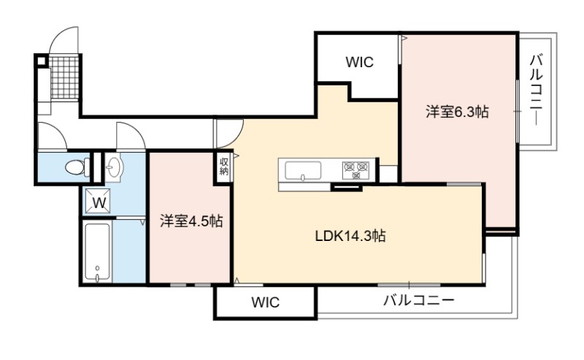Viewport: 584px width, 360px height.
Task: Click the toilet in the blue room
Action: [77, 166]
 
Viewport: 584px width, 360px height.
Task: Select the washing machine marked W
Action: [99, 202]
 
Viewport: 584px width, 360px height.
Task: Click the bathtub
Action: [98, 253]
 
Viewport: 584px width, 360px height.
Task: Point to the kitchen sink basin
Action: [303, 171]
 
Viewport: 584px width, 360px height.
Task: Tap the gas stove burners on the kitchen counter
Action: [356, 170]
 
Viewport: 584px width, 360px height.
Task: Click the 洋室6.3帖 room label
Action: [457, 112]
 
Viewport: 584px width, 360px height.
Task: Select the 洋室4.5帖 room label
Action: [191, 221]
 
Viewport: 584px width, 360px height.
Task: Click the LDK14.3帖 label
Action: [350, 236]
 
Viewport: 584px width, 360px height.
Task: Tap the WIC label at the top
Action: [359, 62]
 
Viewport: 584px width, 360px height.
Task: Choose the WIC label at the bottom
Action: [266, 302]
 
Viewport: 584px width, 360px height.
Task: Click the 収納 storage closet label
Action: [224, 166]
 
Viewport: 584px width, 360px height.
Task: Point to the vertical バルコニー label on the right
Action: [536, 90]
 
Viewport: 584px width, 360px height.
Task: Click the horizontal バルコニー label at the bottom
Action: [419, 300]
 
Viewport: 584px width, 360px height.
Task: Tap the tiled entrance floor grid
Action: [64, 77]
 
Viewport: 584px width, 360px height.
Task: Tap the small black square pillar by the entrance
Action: [42, 61]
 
